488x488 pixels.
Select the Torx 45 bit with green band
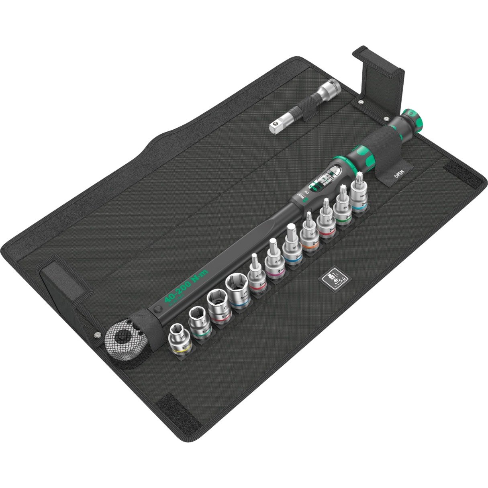pyautogui.click(x=342, y=208)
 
